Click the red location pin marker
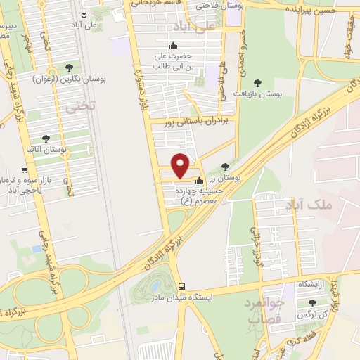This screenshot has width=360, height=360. [181, 165]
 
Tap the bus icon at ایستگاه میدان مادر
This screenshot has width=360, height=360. [183, 286]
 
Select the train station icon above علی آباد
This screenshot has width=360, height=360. [84, 13]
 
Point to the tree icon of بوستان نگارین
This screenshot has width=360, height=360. [69, 67]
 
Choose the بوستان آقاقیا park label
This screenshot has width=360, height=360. [63, 150]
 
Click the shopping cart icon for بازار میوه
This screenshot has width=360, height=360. [25, 169]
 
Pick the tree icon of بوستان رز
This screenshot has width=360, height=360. [224, 167]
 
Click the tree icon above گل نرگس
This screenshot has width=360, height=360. [312, 302]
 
